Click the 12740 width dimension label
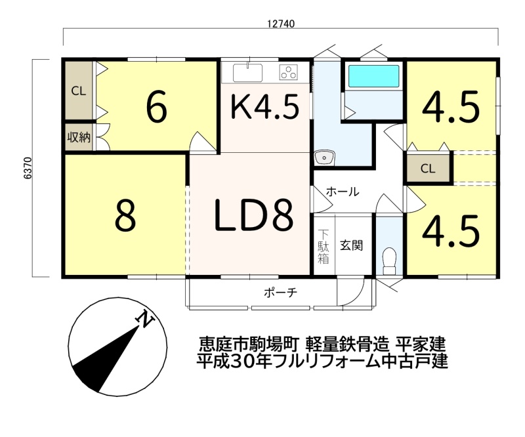(x=282, y=24)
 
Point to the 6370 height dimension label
(x=28, y=168)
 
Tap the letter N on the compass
(x=144, y=318)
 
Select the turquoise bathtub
(x=373, y=76)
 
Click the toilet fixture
(x=389, y=260)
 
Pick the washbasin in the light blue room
(x=324, y=157)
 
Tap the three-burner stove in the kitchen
(x=289, y=72)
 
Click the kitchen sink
(x=248, y=73)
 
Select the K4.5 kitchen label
(x=265, y=106)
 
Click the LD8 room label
(x=253, y=215)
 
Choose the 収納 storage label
(x=79, y=137)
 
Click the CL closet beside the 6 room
(x=79, y=91)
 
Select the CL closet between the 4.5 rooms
(x=428, y=168)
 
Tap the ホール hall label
(x=343, y=192)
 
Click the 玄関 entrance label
(x=352, y=245)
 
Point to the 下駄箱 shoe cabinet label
(x=324, y=247)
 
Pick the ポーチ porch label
(x=281, y=293)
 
